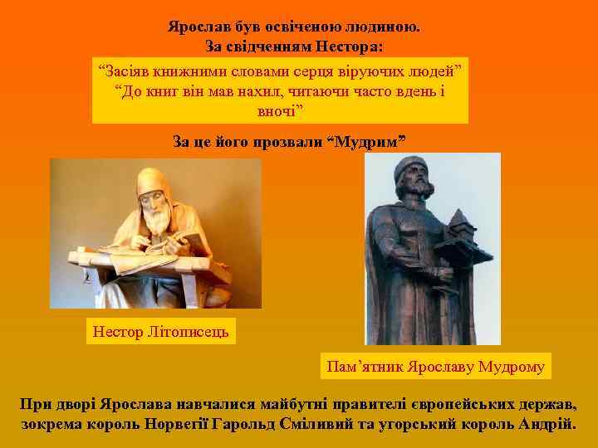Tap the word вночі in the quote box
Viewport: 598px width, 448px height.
[281, 110]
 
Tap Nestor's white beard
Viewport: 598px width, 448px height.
[154, 217]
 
